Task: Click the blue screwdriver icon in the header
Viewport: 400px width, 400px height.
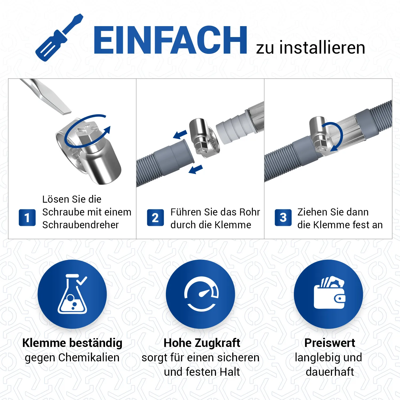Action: (x=59, y=38)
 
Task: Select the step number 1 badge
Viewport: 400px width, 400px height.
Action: (x=27, y=218)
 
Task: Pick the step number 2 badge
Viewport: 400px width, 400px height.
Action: (x=155, y=218)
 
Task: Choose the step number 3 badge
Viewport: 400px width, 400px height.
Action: (x=283, y=218)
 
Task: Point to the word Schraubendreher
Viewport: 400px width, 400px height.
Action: (x=80, y=225)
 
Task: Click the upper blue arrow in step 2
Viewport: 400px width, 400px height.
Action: (x=180, y=134)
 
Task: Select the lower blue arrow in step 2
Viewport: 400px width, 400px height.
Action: (x=196, y=169)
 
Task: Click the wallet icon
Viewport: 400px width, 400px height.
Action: (x=330, y=293)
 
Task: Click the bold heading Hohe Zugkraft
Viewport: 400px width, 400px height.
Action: (x=202, y=343)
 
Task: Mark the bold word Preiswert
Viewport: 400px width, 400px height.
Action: (x=330, y=343)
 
